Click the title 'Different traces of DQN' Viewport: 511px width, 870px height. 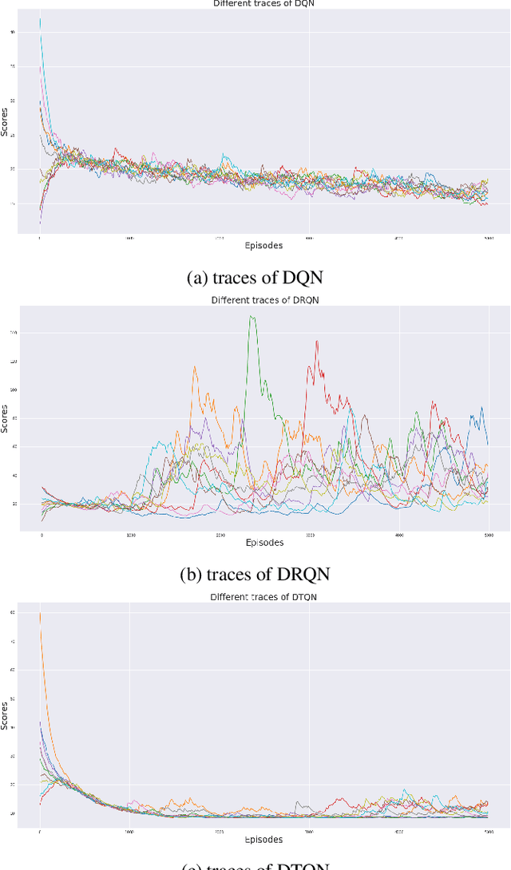coord(258,4)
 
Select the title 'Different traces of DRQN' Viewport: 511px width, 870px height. coord(258,301)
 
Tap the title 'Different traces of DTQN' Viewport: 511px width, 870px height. coord(258,596)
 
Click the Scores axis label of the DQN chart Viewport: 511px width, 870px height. coord(5,121)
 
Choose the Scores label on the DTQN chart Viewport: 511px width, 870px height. coord(5,714)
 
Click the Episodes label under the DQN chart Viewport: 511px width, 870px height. coord(263,246)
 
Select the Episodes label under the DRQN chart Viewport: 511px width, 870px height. coord(263,543)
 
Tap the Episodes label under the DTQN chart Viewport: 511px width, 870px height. coord(263,839)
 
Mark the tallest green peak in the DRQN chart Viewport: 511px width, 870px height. coord(252,317)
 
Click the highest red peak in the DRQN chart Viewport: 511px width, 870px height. coord(317,342)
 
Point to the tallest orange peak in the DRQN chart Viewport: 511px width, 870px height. coord(194,366)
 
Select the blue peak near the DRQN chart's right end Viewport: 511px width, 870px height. coord(481,408)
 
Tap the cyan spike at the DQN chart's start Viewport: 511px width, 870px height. coord(40,19)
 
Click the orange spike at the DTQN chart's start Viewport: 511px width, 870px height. coord(40,613)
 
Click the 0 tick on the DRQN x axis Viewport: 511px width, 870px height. coord(42,536)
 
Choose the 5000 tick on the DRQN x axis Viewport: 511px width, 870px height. coord(488,536)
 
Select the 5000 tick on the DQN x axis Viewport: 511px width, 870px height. coord(487,239)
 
